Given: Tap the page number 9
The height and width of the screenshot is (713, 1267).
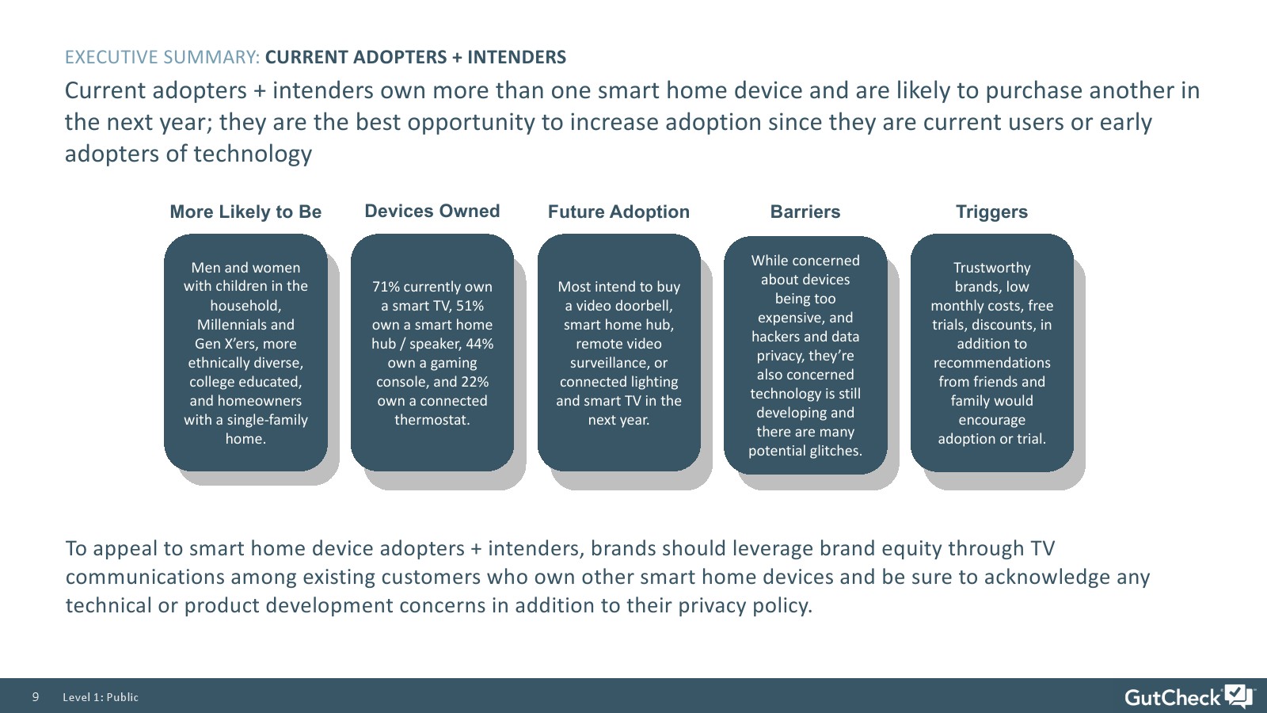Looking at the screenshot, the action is (36, 696).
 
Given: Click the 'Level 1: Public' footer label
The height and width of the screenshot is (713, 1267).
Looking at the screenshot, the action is (101, 697).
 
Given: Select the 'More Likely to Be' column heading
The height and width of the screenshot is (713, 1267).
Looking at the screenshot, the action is (245, 212).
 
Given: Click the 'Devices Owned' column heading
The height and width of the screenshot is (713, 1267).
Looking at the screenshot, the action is (432, 211).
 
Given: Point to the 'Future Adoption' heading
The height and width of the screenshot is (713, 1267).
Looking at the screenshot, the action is (618, 212).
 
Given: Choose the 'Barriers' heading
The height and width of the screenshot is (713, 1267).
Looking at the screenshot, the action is (805, 212).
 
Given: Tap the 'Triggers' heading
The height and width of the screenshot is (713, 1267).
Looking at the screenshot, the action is (991, 212).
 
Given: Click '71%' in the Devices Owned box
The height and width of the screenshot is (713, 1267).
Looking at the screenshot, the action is (385, 286).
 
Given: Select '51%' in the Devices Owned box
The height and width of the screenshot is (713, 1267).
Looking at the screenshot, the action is (470, 306).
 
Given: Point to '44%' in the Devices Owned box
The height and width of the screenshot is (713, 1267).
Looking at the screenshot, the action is (480, 344).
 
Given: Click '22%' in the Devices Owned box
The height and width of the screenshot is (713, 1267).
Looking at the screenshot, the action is (474, 381).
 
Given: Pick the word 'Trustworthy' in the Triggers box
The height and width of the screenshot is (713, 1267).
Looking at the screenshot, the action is (991, 268).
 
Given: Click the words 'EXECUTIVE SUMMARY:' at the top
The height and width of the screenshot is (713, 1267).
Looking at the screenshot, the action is (162, 57).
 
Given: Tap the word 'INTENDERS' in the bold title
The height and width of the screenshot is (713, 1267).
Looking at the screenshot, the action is (516, 57).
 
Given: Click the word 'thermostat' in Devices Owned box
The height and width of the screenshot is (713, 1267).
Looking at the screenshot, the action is (431, 419).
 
